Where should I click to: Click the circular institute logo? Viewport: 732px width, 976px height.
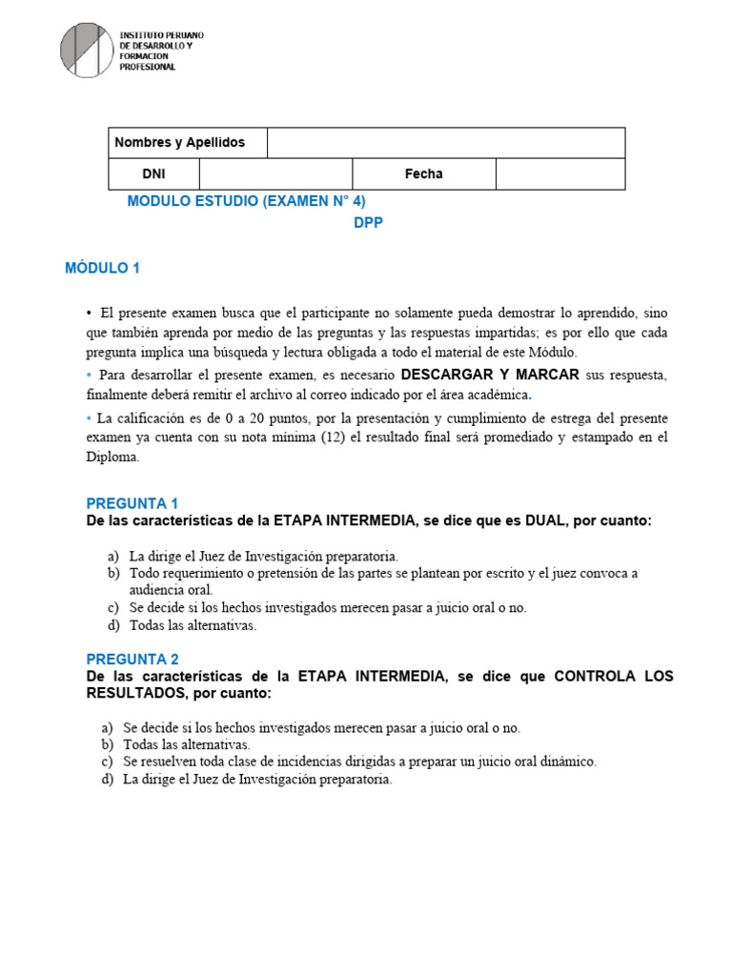[x=86, y=50]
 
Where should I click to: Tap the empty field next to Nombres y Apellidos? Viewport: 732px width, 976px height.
[x=446, y=143]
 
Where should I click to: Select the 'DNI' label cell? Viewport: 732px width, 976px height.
[x=153, y=174]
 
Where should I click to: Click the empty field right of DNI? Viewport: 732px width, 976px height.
[x=275, y=174]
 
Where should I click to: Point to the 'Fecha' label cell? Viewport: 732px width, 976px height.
[x=423, y=174]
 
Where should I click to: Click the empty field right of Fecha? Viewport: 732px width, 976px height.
[x=559, y=174]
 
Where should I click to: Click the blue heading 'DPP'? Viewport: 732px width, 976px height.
[x=368, y=223]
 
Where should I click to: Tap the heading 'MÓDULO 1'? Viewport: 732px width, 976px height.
[x=102, y=268]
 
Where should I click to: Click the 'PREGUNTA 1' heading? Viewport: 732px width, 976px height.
[x=132, y=503]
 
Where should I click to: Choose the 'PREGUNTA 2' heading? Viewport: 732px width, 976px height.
[x=132, y=659]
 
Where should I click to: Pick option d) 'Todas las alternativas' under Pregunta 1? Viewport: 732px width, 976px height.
[x=193, y=626]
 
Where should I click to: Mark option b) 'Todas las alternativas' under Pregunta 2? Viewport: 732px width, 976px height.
[x=186, y=744]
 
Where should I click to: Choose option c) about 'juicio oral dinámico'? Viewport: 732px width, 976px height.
[x=359, y=762]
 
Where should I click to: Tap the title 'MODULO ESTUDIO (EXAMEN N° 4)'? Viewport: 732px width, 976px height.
[x=246, y=201]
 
